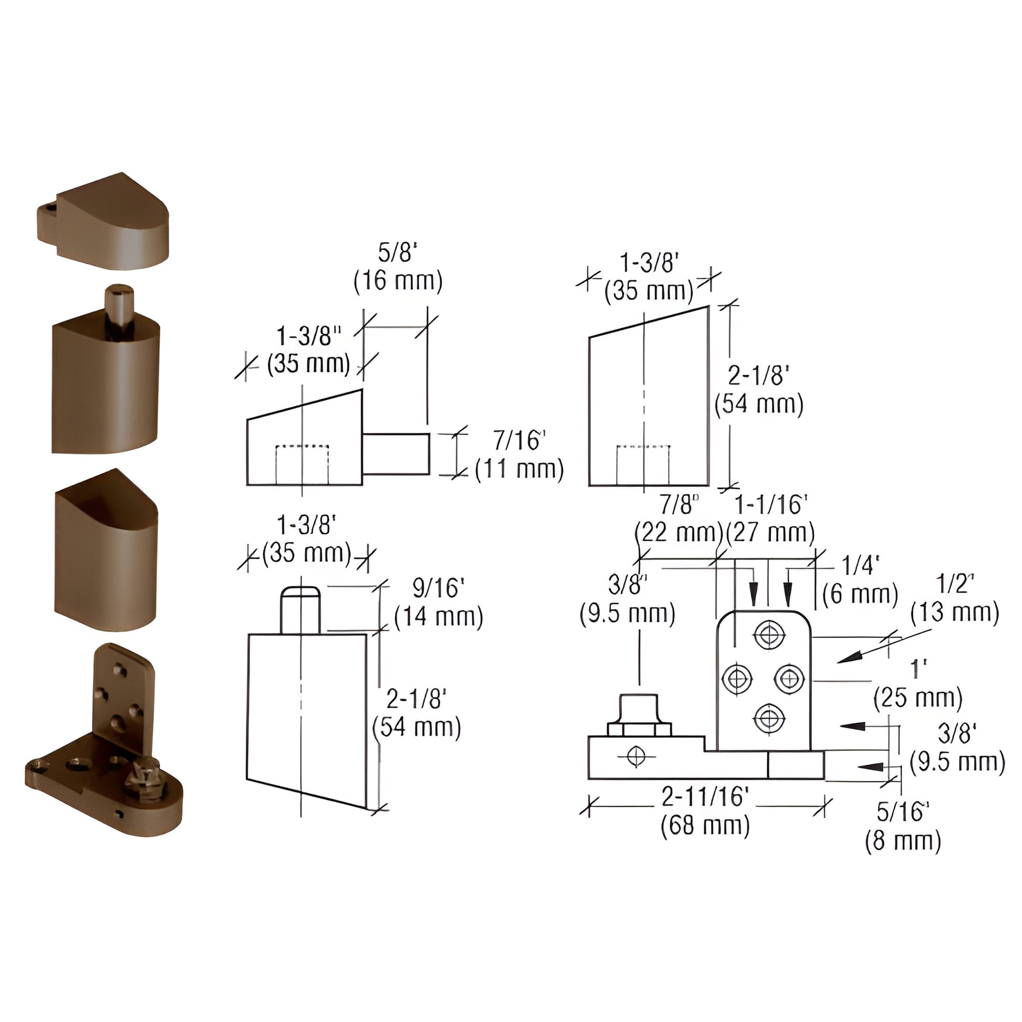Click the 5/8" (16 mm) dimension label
[398, 268]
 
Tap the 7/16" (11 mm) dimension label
[519, 455]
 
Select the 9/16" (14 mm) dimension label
[439, 602]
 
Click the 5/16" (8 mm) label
[903, 825]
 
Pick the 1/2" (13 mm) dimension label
[954, 598]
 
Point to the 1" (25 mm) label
[918, 683]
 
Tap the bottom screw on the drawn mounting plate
[770, 718]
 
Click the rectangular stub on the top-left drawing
[395, 454]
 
